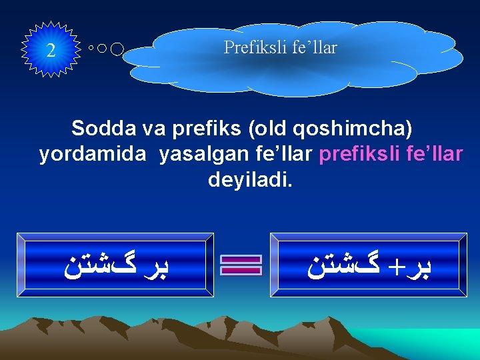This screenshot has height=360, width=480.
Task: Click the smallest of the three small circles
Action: click(x=91, y=49)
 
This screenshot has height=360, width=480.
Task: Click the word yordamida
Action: click(x=93, y=154)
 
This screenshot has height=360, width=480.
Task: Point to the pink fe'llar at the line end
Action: click(x=433, y=154)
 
